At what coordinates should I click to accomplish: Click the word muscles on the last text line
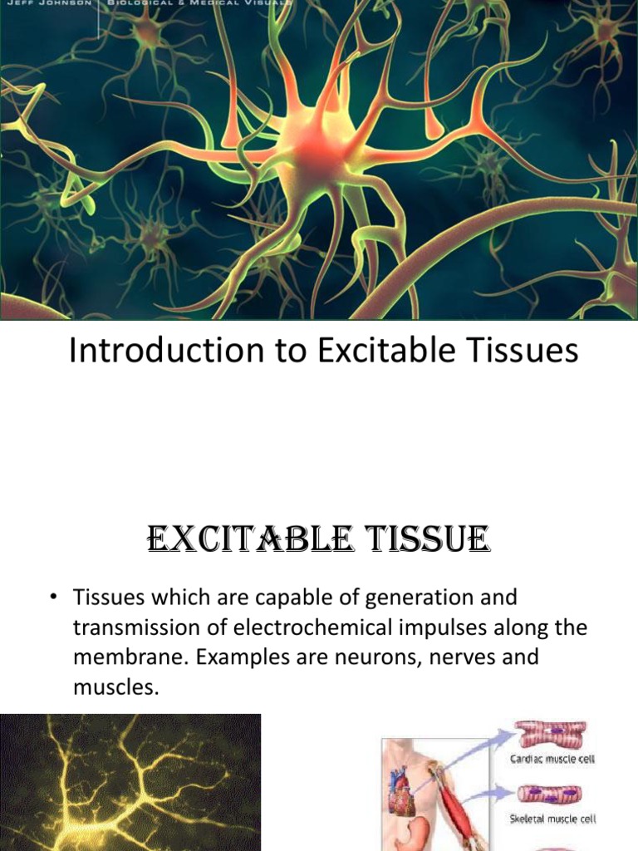click(x=115, y=686)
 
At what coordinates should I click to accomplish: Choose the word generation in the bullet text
click(x=410, y=597)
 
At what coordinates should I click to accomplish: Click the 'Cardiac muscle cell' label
click(x=553, y=758)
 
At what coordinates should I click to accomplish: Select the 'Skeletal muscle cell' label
click(x=553, y=819)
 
